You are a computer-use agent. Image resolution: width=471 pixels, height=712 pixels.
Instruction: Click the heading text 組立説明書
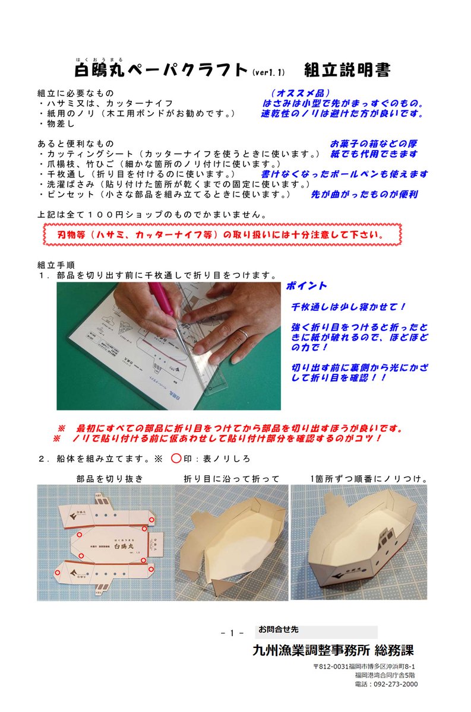pos(347,70)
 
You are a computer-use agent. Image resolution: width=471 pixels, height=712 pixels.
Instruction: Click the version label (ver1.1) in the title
pos(268,72)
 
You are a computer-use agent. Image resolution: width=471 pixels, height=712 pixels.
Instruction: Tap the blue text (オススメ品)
pos(301,93)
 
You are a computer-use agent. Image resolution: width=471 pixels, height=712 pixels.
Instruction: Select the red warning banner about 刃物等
pos(223,234)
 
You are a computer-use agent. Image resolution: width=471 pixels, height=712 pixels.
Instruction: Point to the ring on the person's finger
pos(244,333)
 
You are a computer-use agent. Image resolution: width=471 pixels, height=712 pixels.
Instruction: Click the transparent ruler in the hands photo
pos(204,359)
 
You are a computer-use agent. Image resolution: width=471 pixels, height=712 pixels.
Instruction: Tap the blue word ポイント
pos(306,286)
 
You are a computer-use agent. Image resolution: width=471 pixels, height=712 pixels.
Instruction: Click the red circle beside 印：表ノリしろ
pos(176,458)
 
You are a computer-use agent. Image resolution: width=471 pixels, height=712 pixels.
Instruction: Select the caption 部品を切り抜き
pos(110,479)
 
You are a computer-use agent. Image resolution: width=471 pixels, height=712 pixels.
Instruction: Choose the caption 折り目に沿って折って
pos(232,479)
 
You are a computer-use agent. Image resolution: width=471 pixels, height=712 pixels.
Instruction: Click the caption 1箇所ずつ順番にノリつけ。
pos(369,479)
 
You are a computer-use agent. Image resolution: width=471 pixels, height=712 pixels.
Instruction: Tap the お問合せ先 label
pos(279,630)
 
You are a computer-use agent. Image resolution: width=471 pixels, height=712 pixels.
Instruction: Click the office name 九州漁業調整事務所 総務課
pos(333,651)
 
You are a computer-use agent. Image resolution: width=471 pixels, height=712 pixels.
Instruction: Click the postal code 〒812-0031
pos(331,666)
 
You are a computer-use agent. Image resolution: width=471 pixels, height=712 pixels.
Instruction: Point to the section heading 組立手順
pos(56,265)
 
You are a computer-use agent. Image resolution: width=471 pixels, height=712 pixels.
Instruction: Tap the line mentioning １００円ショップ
pos(152,215)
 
